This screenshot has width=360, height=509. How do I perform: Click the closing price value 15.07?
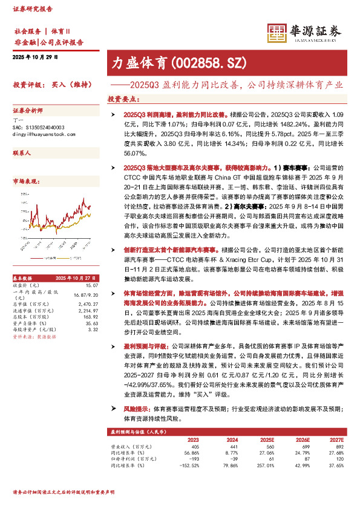[x=92, y=285]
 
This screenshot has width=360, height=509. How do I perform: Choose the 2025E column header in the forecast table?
[x=267, y=439]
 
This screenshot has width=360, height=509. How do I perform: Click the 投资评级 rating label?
[x=26, y=85]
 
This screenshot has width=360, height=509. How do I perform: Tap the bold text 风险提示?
[x=136, y=409]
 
